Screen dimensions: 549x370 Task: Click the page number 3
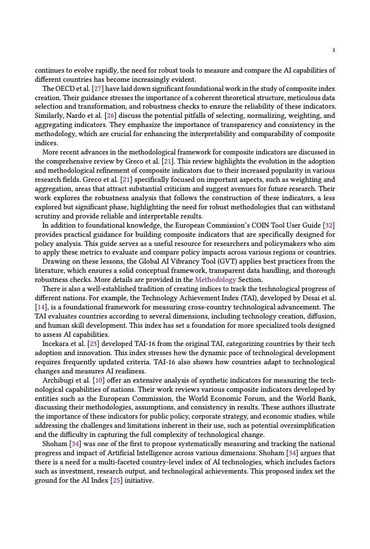click(x=333, y=50)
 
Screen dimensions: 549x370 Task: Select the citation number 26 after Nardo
click(x=110, y=116)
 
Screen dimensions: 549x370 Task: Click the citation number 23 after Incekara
click(x=92, y=344)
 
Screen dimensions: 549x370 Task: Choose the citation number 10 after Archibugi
click(x=98, y=380)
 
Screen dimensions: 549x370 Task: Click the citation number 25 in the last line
click(x=116, y=480)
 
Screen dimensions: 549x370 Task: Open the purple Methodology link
click(x=215, y=280)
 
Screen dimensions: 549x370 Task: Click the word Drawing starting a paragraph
click(x=55, y=261)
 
